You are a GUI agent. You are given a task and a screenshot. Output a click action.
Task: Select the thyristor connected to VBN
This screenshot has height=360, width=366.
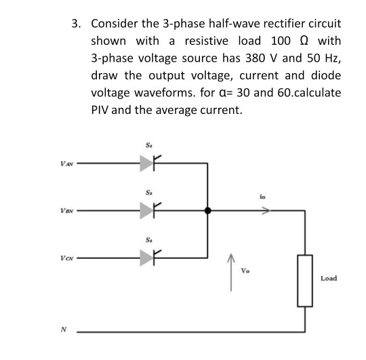[148, 211]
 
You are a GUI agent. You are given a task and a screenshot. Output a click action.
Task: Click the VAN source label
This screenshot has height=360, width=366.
[66, 163]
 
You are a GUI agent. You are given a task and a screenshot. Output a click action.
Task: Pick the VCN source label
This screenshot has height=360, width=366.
[66, 258]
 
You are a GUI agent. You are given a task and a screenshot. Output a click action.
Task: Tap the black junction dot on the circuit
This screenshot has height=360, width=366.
[207, 211]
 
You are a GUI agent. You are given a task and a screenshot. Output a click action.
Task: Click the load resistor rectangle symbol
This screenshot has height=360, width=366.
[304, 280]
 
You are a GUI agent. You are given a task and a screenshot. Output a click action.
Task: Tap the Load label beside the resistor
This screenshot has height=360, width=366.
[329, 278]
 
